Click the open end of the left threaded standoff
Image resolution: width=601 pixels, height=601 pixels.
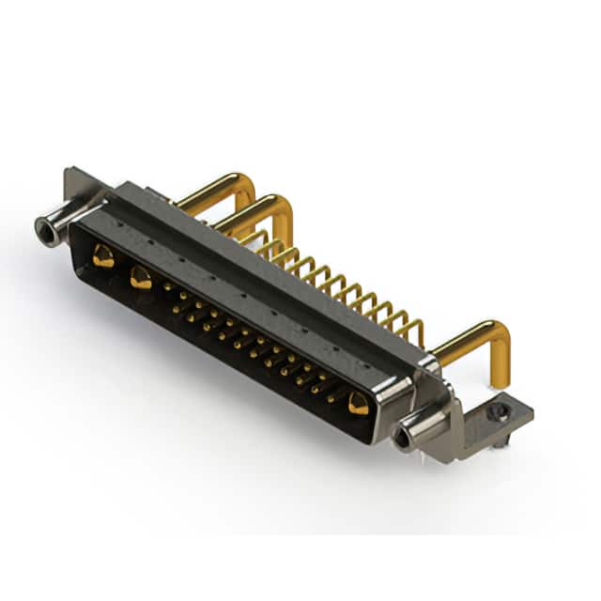pos(43,227)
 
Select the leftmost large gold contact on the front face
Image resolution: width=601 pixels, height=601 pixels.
pos(104,256)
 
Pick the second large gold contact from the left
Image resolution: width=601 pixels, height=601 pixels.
pos(142,277)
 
